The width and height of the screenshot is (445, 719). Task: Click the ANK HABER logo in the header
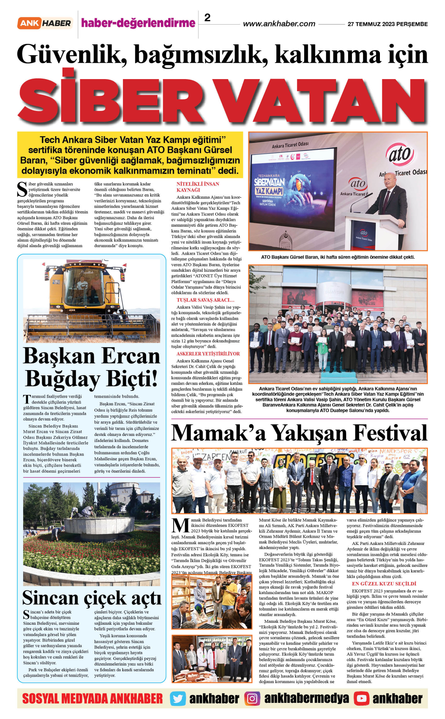point(44,23)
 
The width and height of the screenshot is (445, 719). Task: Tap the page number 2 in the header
point(207,17)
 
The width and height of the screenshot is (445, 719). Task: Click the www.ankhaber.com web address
point(279,24)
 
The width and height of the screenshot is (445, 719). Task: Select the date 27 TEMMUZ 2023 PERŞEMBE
point(387,24)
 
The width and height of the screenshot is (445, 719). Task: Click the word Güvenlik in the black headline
point(72,54)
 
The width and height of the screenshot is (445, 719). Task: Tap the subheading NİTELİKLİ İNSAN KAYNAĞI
point(198,187)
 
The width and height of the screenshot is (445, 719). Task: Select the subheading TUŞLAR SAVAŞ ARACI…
point(205,300)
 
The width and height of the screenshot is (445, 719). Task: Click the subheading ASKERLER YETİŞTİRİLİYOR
point(208,354)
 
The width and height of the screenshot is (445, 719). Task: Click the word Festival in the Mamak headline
point(390,433)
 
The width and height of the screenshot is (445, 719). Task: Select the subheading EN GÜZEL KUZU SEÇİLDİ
point(384,584)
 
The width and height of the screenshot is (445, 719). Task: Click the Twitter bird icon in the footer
point(177,699)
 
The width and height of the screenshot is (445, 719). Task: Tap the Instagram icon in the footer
point(252,699)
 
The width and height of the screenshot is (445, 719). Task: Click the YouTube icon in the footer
point(361,699)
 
